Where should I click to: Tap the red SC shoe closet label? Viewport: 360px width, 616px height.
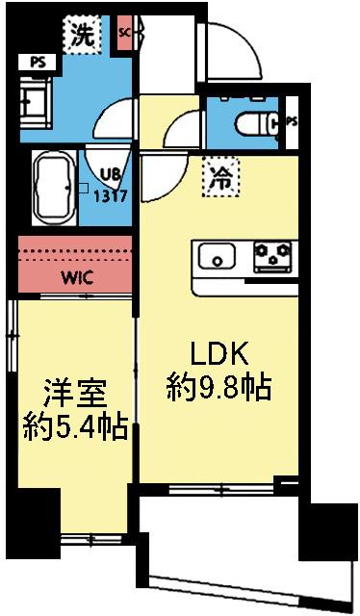point(123,32)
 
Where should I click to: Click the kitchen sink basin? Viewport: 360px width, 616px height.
point(218,257)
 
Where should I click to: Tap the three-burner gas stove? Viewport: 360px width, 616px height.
point(273,256)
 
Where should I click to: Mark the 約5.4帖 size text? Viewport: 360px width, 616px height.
point(74,426)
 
